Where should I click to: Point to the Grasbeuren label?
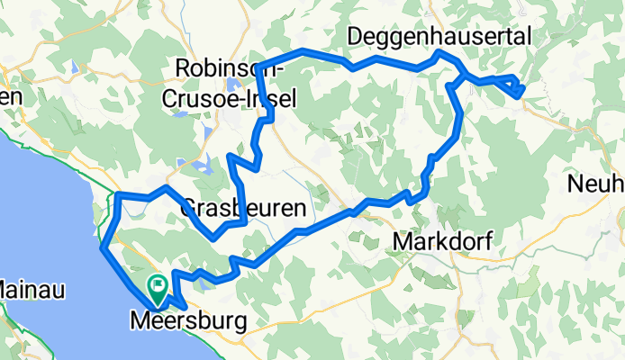[244, 209]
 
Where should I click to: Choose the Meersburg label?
[186, 319]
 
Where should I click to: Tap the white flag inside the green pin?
[159, 287]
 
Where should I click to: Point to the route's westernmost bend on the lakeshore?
[103, 245]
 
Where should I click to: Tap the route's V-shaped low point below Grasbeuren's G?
[213, 238]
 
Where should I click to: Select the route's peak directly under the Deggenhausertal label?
[439, 53]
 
